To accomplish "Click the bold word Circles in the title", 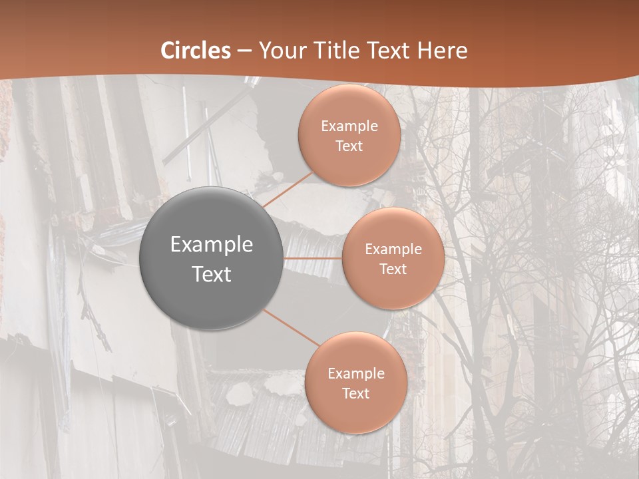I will pos(196,51).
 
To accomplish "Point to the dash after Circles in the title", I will pos(244,51).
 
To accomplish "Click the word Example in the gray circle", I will pos(212,245).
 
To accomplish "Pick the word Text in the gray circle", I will pos(212,274).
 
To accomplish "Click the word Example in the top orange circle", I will pos(349,126).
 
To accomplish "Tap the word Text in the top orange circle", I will pos(349,146).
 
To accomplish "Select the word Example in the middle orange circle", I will pos(393,249).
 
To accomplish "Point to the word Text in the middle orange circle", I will pos(393,269).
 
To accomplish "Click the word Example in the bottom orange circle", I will pos(355,374).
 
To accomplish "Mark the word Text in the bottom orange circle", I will pos(355,393).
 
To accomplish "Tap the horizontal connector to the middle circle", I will pos(313,258).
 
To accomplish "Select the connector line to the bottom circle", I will pos(292,328).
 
